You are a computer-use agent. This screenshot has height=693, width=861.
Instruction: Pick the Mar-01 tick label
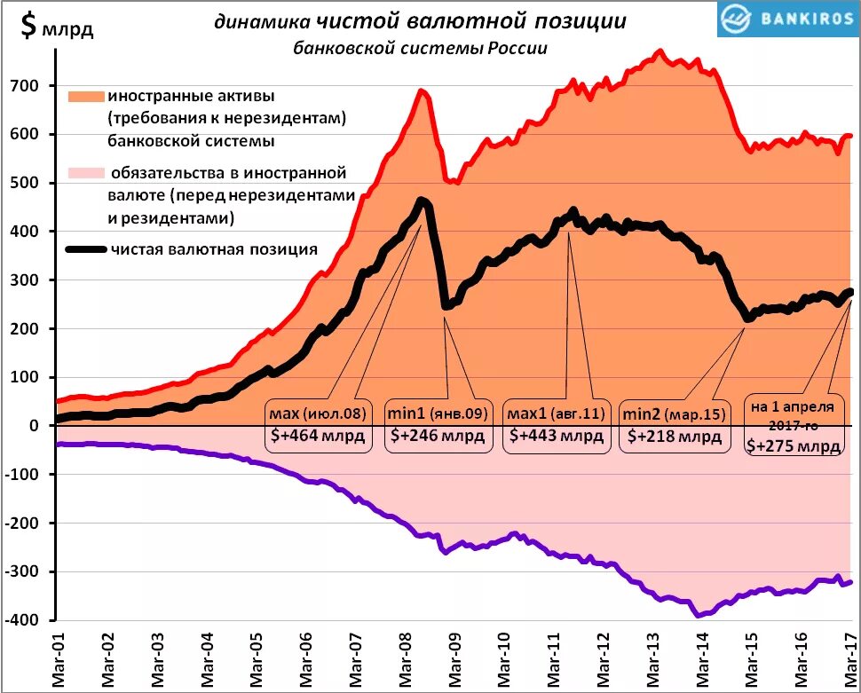click(58, 661)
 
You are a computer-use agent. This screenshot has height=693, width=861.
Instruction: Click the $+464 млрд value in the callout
click(316, 437)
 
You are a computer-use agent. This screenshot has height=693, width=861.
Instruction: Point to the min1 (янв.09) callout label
click(436, 413)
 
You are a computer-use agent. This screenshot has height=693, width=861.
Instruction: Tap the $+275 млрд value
click(793, 445)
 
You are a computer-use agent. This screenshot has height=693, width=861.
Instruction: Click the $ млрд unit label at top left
click(56, 28)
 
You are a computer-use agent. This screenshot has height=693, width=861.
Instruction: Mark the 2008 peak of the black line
click(422, 201)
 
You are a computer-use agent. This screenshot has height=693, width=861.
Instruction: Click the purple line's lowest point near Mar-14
click(699, 613)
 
